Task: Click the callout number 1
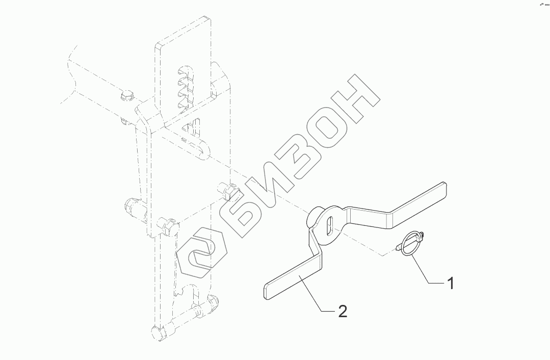(x=450, y=282)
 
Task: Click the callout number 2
(x=342, y=311)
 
